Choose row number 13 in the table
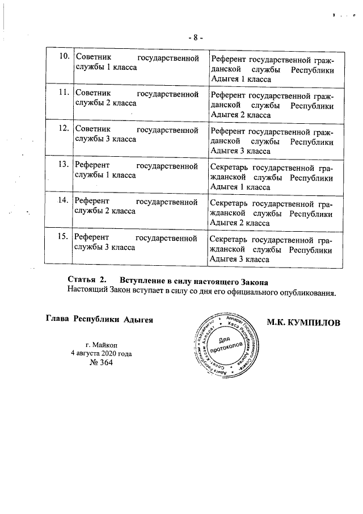[64, 165]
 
